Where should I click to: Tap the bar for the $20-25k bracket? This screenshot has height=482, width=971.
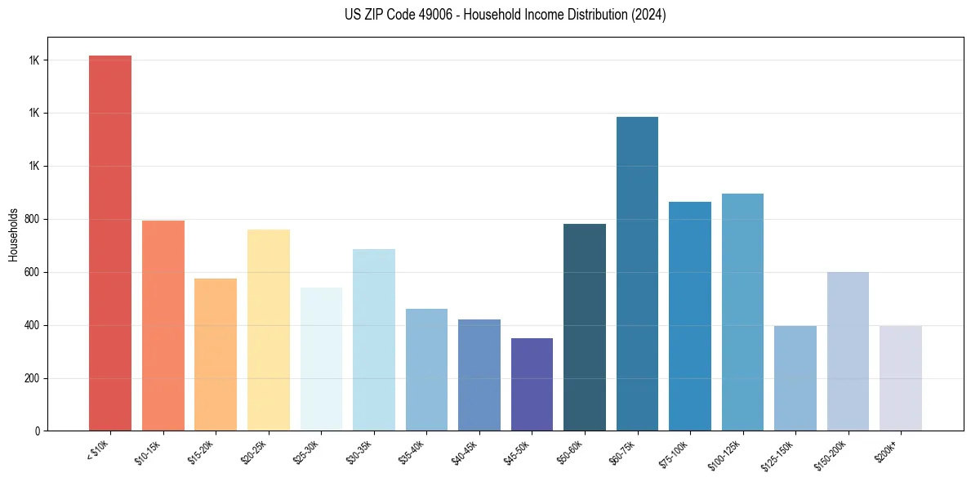click(268, 330)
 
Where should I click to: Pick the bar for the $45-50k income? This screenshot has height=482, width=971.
click(532, 384)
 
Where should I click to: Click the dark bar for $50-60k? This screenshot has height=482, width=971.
click(584, 327)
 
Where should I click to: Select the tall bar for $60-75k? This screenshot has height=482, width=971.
click(637, 274)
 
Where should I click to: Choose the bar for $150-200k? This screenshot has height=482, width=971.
click(848, 351)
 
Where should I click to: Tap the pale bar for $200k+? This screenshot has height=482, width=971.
click(900, 378)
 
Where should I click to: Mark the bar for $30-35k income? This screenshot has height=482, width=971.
click(373, 340)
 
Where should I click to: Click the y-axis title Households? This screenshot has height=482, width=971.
click(13, 234)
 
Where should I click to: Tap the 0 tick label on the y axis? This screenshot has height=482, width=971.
click(38, 431)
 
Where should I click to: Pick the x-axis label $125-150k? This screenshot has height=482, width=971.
click(779, 453)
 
